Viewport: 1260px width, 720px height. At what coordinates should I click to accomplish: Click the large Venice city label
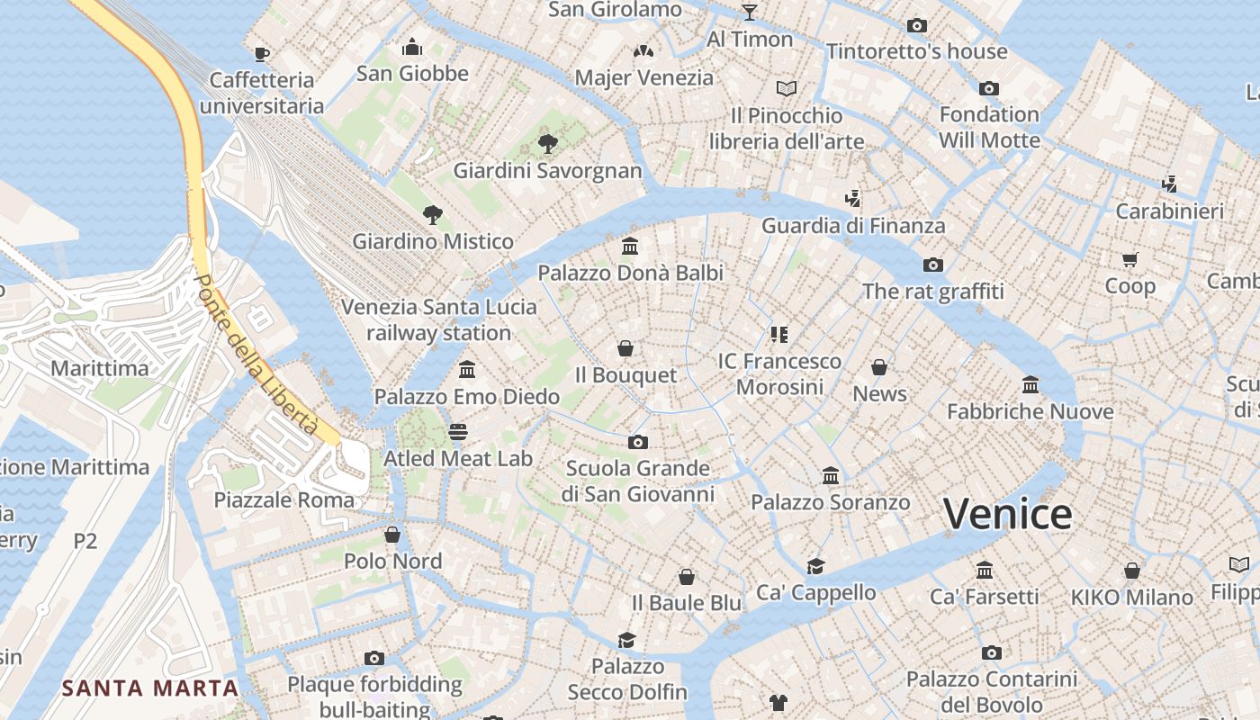1007,514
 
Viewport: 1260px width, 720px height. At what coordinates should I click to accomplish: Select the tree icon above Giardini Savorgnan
547,143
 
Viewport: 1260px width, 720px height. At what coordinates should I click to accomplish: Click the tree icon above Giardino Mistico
433,214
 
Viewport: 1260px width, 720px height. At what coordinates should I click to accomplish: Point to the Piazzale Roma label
283,499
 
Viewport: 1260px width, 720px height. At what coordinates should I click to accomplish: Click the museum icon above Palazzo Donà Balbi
630,246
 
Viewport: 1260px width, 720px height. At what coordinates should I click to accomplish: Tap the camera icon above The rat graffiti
933,265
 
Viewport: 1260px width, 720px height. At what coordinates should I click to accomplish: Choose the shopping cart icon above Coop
1129,260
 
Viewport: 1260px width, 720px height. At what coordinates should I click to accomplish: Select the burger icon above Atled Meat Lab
458,432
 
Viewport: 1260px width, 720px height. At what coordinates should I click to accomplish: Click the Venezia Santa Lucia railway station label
438,319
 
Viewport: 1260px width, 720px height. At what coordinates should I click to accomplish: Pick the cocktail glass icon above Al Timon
750,12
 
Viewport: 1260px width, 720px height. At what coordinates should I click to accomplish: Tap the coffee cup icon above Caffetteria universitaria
262,54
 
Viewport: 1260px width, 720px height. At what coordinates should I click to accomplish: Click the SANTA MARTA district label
150,688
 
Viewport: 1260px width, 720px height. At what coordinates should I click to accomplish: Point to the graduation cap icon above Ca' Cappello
815,566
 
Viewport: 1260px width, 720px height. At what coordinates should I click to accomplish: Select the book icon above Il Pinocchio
787,88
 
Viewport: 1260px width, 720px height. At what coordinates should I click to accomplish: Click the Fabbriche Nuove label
1030,412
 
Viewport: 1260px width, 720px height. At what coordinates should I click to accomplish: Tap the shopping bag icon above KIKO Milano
1131,571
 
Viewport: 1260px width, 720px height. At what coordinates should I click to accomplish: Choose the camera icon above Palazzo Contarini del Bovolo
991,652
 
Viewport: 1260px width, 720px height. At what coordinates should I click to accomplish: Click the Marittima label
100,368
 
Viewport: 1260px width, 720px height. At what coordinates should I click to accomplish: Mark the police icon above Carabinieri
1169,184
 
